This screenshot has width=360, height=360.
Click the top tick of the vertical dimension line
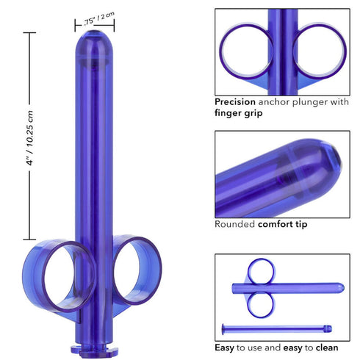tap(29, 35)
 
